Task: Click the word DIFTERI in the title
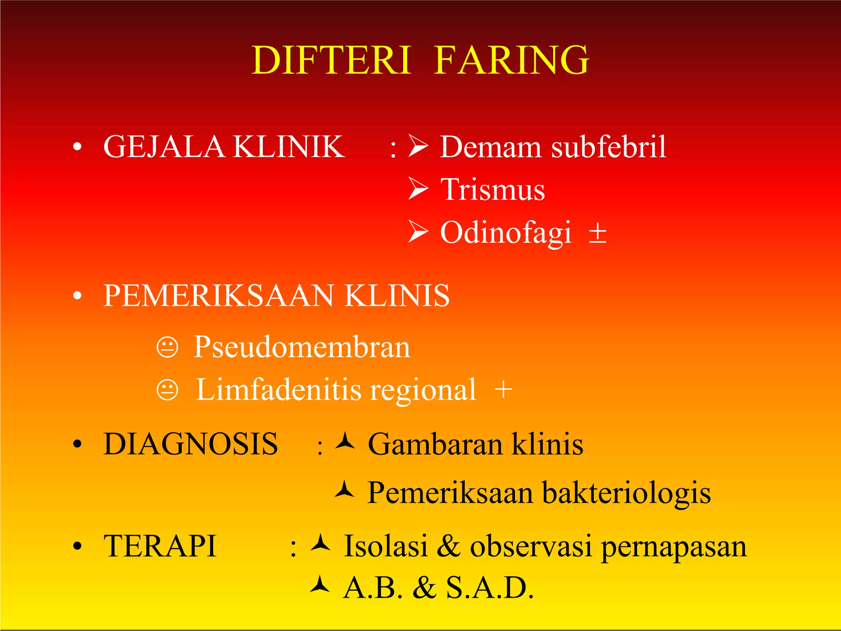(331, 60)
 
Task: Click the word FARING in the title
(511, 60)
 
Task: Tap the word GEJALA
(163, 147)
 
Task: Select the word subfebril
(608, 147)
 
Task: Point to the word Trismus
(492, 190)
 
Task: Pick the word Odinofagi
(506, 233)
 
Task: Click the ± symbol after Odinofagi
(597, 233)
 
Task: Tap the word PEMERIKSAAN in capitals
(218, 296)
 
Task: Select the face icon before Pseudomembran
(168, 347)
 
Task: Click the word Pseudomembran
(302, 347)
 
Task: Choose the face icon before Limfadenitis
(168, 389)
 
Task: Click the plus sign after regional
(503, 389)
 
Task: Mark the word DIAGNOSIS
(191, 444)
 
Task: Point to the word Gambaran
(435, 444)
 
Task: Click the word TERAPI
(160, 547)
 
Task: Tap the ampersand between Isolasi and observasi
(448, 546)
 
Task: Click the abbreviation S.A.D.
(489, 588)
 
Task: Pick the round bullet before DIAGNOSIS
(77, 444)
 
